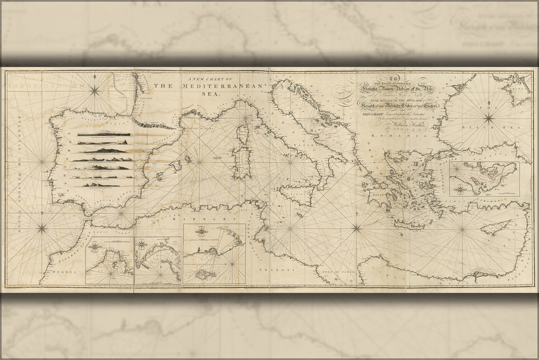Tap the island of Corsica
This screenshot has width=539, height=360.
(x=242, y=135)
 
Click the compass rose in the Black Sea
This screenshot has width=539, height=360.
(x=489, y=120)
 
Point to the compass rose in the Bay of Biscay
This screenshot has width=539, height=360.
(x=95, y=91)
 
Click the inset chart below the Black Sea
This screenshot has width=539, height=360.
(x=484, y=179)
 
